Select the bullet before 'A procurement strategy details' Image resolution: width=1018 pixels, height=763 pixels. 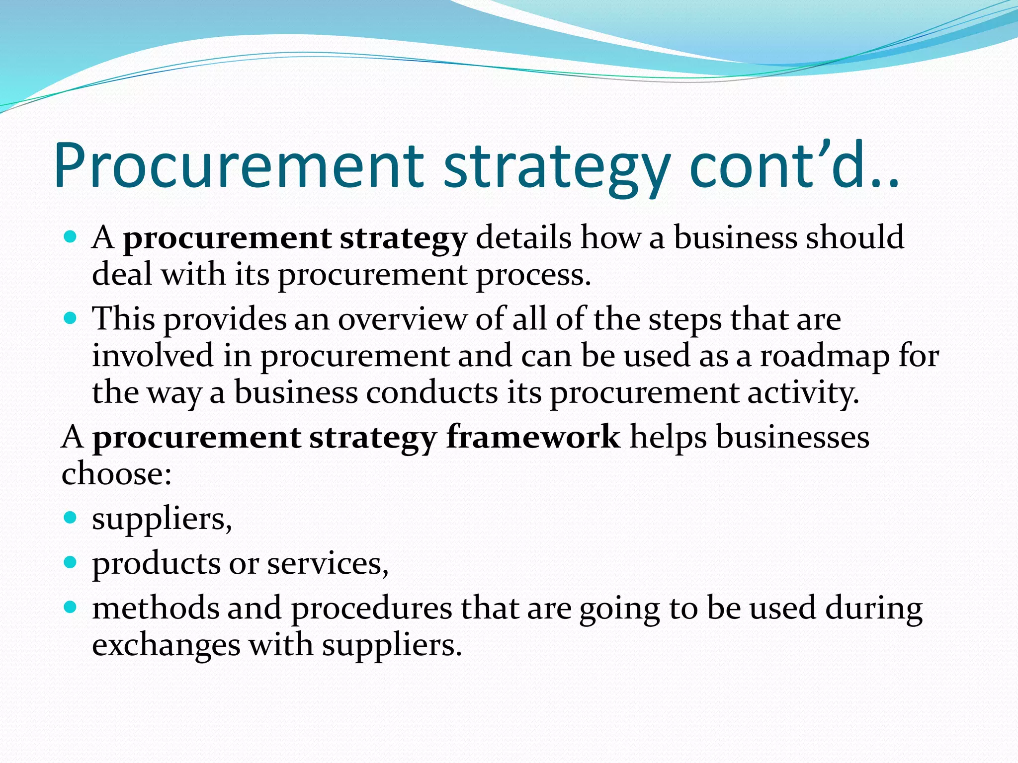[x=71, y=236]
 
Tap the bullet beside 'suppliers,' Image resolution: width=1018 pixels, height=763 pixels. [x=71, y=518]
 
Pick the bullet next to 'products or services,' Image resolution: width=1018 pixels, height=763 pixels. [x=71, y=562]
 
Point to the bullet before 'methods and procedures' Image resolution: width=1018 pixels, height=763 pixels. [x=71, y=607]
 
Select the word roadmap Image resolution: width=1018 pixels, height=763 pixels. [x=825, y=356]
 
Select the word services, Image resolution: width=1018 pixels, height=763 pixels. [x=328, y=564]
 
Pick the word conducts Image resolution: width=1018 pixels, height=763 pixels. [x=432, y=392]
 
